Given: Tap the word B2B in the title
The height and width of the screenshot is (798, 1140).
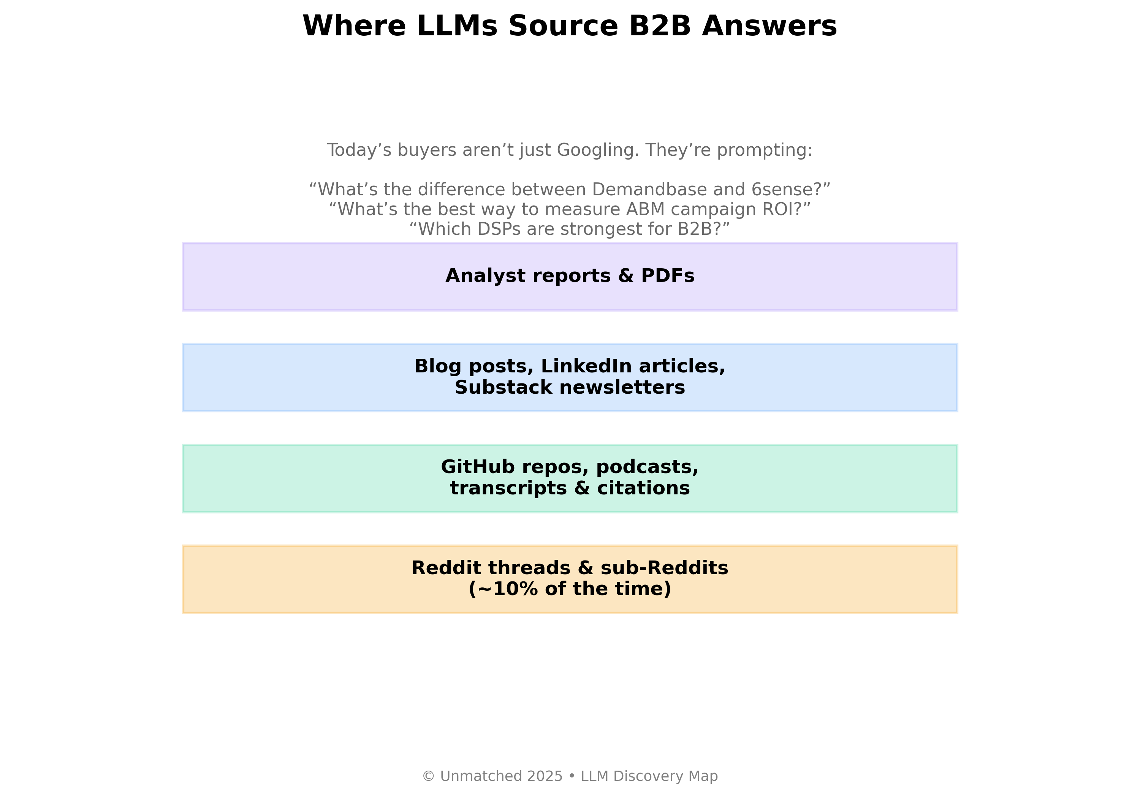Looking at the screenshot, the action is (x=660, y=26).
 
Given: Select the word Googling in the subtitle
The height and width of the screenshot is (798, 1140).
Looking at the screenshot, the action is (x=598, y=150).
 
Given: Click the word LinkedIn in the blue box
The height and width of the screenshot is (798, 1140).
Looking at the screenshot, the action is (x=586, y=366).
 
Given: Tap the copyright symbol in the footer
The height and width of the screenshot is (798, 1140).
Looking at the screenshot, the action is (x=428, y=776).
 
